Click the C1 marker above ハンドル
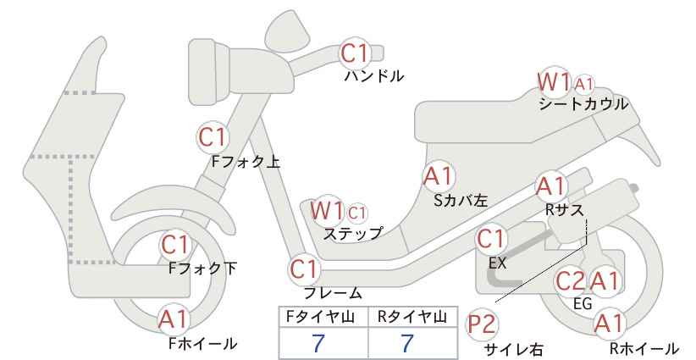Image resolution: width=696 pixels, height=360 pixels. click(x=355, y=53)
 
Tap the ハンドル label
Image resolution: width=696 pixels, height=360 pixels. click(x=374, y=76)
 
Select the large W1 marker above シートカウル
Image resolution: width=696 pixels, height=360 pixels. click(x=554, y=82)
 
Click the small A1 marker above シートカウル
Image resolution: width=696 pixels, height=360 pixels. click(x=583, y=84)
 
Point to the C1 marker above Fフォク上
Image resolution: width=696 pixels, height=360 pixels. click(x=213, y=137)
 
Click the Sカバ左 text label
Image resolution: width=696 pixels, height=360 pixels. click(x=461, y=201)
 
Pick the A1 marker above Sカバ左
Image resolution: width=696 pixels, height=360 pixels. click(x=439, y=176)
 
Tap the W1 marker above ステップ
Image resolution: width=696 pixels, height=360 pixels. click(x=327, y=210)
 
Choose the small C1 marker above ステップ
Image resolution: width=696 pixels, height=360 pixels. click(x=357, y=213)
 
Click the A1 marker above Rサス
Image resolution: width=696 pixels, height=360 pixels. click(x=552, y=186)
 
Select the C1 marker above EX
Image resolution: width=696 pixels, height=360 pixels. click(x=491, y=240)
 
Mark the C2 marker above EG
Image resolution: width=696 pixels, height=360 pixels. click(x=571, y=281)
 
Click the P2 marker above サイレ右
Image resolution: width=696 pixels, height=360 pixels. click(x=482, y=325)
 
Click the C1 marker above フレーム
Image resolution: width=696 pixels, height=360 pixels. click(x=305, y=269)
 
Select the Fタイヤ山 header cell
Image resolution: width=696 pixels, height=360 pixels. click(x=323, y=317)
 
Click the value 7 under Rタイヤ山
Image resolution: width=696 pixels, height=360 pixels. click(x=407, y=344)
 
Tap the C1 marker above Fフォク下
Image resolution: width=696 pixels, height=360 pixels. click(x=176, y=245)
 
